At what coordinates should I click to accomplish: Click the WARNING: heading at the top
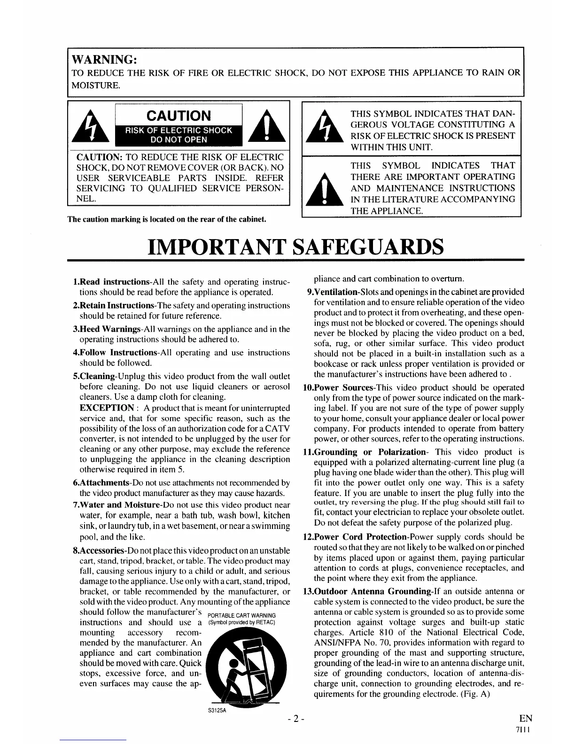[104, 60]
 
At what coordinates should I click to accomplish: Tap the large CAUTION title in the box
[179, 116]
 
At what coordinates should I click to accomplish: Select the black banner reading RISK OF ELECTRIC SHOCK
[179, 130]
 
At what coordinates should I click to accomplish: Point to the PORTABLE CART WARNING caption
[241, 616]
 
